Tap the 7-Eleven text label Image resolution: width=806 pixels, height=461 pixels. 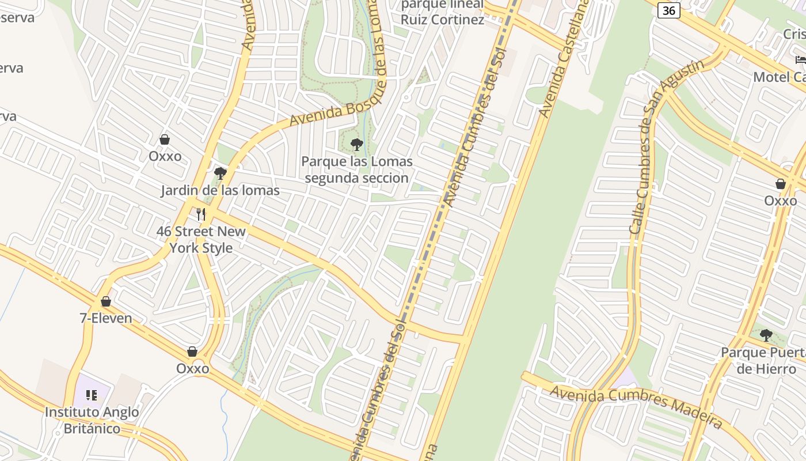106,318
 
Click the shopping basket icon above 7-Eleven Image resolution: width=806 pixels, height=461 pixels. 106,301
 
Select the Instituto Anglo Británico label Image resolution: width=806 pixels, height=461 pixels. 92,420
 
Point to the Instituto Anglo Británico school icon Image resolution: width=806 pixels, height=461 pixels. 92,395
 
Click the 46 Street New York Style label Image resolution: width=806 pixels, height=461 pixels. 201,240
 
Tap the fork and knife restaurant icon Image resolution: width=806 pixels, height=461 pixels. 201,214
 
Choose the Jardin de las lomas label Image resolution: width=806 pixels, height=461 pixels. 220,191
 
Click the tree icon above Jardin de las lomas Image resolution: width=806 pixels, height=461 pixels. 220,173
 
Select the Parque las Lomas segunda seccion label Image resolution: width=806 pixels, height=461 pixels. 357,169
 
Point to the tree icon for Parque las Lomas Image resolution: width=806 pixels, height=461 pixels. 357,144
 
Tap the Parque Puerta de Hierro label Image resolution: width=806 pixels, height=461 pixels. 763,360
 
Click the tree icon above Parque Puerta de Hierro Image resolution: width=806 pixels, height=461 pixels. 766,335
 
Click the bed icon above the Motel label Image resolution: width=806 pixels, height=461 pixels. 800,59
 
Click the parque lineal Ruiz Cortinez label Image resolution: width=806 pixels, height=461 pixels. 442,13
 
